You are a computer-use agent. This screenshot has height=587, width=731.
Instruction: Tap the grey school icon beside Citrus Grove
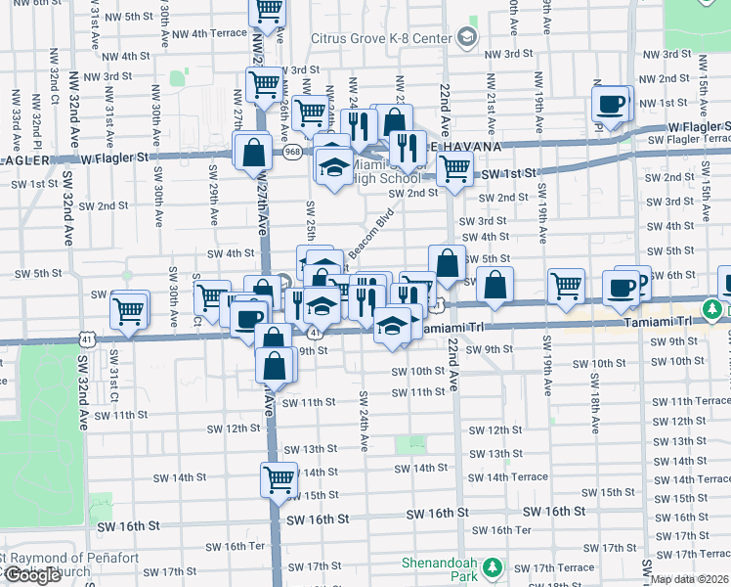(466, 38)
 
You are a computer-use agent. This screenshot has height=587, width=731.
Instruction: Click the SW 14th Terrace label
(516, 476)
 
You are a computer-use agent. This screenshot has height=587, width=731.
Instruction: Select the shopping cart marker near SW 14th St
(279, 479)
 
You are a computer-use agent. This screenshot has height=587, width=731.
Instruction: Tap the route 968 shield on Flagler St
(292, 152)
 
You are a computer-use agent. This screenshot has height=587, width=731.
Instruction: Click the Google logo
(32, 575)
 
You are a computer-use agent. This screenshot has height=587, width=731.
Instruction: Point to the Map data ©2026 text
(690, 579)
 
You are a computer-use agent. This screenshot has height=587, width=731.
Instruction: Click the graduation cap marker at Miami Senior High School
(334, 166)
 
